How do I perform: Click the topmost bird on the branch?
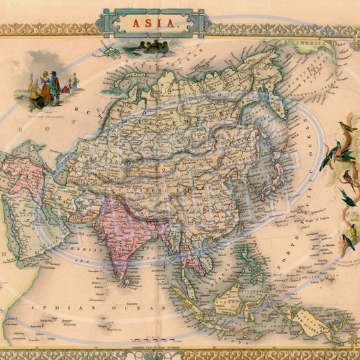(348, 126)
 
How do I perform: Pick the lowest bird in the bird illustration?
(349, 241)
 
